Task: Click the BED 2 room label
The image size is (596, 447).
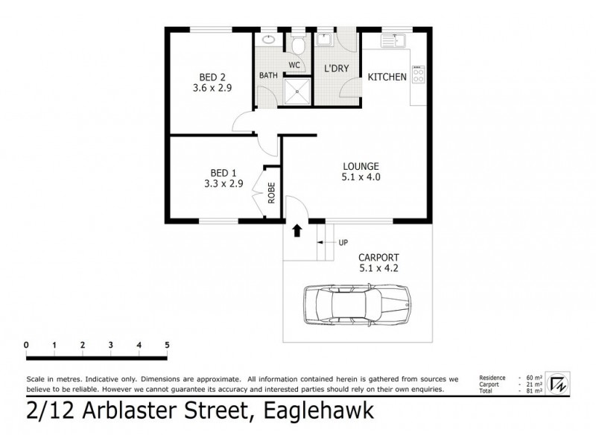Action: tap(212, 77)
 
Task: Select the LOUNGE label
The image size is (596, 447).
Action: tap(361, 165)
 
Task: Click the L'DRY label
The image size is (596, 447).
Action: tap(336, 68)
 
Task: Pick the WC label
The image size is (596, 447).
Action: tap(294, 65)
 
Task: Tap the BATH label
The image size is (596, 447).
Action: tap(268, 75)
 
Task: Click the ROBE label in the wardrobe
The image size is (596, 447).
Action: tap(272, 193)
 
